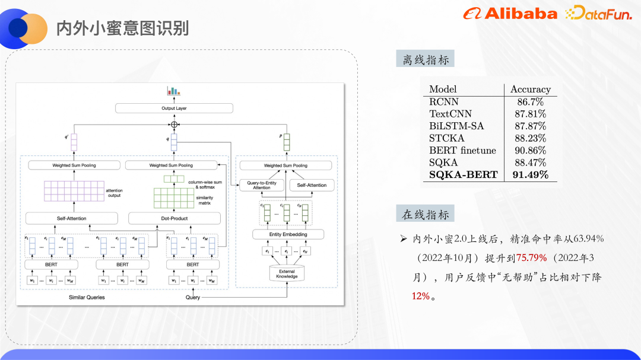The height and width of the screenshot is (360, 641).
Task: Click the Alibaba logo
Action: click(510, 14)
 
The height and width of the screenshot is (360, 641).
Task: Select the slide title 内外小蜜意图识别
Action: click(122, 28)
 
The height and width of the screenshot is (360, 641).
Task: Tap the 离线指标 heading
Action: click(426, 59)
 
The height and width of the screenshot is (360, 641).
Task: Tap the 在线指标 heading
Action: click(426, 214)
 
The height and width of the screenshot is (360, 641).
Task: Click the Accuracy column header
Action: click(530, 90)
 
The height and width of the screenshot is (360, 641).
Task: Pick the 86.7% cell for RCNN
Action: click(530, 102)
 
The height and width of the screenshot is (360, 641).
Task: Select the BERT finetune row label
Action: click(462, 151)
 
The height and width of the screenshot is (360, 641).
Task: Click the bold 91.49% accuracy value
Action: click(530, 175)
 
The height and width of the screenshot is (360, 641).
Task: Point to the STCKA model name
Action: click(446, 138)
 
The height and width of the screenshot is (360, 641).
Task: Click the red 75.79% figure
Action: click(531, 257)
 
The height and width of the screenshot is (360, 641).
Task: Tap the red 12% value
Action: click(420, 295)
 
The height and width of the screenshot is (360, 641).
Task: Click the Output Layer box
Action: click(174, 109)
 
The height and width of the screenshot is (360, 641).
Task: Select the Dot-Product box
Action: click(174, 218)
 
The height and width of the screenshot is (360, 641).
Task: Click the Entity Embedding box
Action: click(288, 234)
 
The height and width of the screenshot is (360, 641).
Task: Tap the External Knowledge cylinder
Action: click(287, 274)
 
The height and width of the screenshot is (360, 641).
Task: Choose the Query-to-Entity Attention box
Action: click(261, 186)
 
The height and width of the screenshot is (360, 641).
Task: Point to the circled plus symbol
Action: click(174, 125)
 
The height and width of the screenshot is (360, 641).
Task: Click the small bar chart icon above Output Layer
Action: click(173, 91)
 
